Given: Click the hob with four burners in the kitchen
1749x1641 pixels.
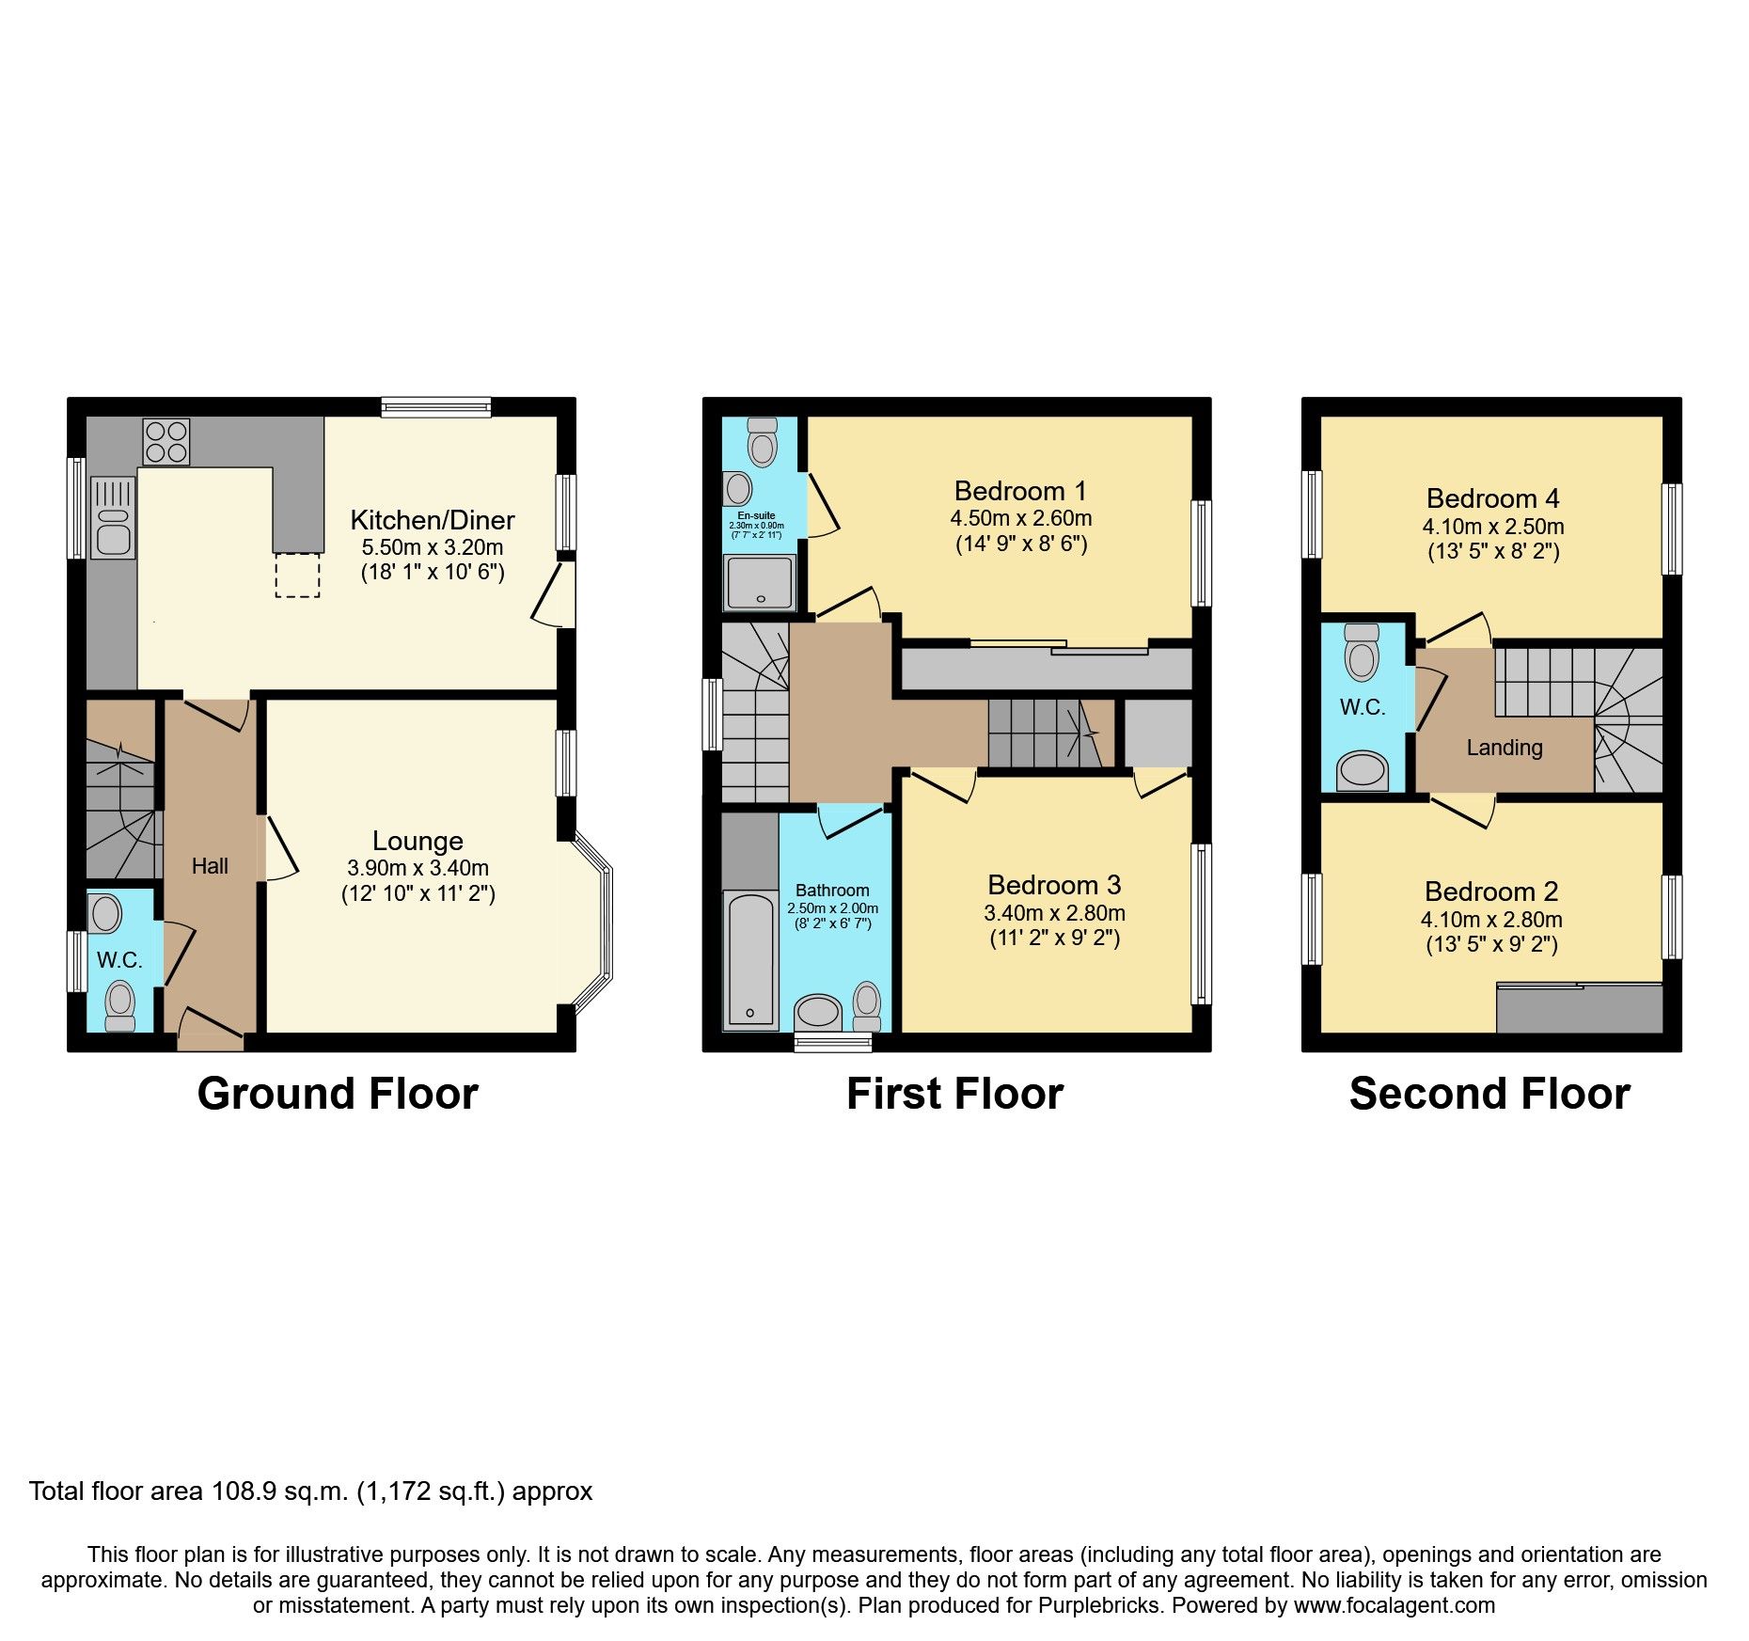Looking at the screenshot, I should click(166, 442).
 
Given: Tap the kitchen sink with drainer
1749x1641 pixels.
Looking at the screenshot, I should click(114, 517).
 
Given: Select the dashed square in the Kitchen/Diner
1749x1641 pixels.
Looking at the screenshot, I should click(297, 576).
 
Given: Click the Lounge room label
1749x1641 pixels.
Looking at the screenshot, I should click(418, 841).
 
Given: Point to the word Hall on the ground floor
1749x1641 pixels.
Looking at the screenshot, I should click(210, 866).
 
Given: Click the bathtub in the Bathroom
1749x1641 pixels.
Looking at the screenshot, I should click(749, 959).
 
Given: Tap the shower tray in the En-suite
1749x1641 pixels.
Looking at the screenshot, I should click(760, 581).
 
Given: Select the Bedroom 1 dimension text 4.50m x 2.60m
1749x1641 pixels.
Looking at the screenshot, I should click(1020, 518).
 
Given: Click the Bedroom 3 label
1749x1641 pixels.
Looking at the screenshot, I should click(1054, 885).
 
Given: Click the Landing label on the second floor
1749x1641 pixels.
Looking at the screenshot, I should click(1504, 748).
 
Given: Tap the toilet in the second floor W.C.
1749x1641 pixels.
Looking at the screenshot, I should click(1362, 652).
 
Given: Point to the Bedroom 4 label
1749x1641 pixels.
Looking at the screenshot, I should click(1492, 498).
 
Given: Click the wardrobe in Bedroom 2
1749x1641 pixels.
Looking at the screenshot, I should click(1579, 1008).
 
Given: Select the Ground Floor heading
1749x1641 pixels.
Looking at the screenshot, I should click(338, 1094).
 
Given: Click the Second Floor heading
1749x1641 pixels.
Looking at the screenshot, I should click(1489, 1094).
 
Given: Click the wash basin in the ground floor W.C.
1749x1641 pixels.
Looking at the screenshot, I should click(105, 913).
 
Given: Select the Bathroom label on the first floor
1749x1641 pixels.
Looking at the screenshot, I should click(832, 891).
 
